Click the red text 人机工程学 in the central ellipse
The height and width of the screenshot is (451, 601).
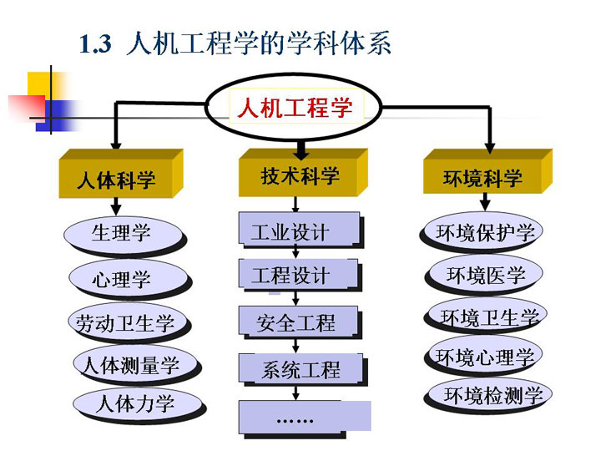pyautogui.click(x=295, y=107)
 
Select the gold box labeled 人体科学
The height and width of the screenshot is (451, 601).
pyautogui.click(x=121, y=174)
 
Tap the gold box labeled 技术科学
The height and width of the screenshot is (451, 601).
pyautogui.click(x=303, y=173)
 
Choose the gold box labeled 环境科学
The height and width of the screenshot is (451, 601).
pyautogui.click(x=487, y=171)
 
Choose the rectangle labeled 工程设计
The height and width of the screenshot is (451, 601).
pyautogui.click(x=298, y=273)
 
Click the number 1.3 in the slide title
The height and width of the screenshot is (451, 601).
pyautogui.click(x=95, y=43)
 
